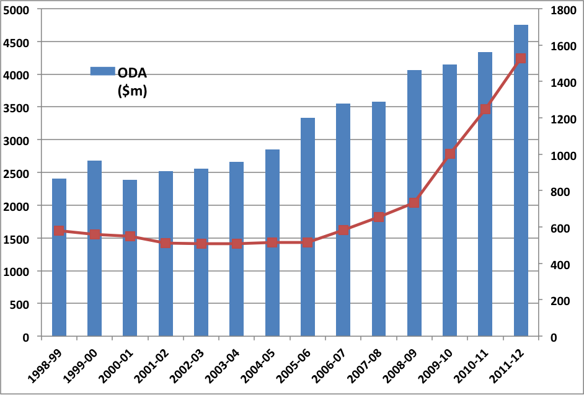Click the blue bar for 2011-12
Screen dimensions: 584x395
[x=521, y=180]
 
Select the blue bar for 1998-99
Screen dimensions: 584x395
[x=59, y=257]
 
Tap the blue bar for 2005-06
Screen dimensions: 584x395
[x=307, y=228]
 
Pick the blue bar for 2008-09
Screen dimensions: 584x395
[x=414, y=203]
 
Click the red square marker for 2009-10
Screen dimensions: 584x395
[x=450, y=154]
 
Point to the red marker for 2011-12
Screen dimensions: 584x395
[x=521, y=58]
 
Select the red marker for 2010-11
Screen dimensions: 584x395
[x=485, y=109]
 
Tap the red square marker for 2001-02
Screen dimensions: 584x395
[x=166, y=243]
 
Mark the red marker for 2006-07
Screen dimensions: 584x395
[x=343, y=230]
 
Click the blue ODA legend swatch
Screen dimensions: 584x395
[x=103, y=71]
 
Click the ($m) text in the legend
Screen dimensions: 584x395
[x=132, y=91]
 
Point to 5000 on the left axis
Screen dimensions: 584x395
[x=15, y=10]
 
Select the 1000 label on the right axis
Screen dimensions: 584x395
[x=563, y=156]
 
